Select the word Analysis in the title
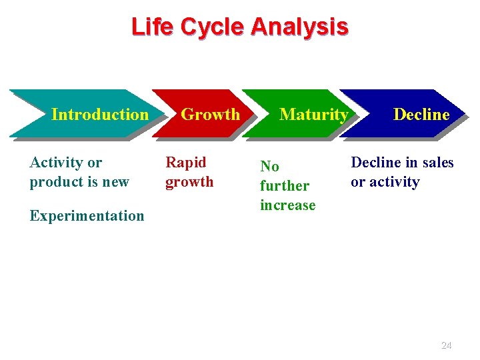click(299, 27)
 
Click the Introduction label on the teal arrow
click(100, 114)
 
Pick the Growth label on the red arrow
click(210, 114)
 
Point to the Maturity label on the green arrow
click(313, 114)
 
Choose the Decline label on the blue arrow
click(421, 114)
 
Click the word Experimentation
click(87, 215)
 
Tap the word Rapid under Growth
click(186, 162)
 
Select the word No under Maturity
click(269, 166)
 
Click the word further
click(285, 185)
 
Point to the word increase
click(288, 205)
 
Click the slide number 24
click(447, 345)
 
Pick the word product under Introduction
click(55, 181)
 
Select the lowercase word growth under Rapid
click(189, 181)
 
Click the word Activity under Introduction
click(56, 162)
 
